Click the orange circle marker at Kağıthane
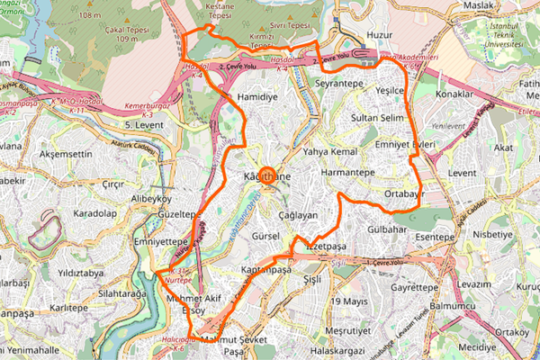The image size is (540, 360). pyautogui.click(x=267, y=175)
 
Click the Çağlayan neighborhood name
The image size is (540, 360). pyautogui.click(x=298, y=216)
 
